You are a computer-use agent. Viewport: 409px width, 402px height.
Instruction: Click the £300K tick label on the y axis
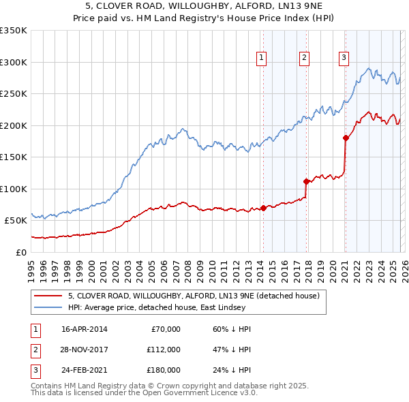click(14, 62)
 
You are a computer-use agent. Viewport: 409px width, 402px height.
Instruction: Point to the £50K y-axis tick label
click(16, 220)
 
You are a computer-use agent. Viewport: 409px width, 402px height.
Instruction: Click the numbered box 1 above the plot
click(262, 58)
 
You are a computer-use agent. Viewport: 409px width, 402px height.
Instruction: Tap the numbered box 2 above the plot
click(304, 58)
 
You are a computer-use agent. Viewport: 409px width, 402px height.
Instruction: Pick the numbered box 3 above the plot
click(344, 58)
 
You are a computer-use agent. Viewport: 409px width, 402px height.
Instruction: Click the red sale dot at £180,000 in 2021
click(346, 138)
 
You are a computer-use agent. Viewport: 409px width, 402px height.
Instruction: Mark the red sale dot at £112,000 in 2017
click(306, 181)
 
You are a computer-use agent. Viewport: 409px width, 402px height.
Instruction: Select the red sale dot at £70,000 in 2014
click(263, 208)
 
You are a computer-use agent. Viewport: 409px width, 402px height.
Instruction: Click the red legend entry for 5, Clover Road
click(198, 296)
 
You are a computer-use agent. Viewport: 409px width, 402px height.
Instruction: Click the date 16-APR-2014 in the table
click(84, 329)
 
